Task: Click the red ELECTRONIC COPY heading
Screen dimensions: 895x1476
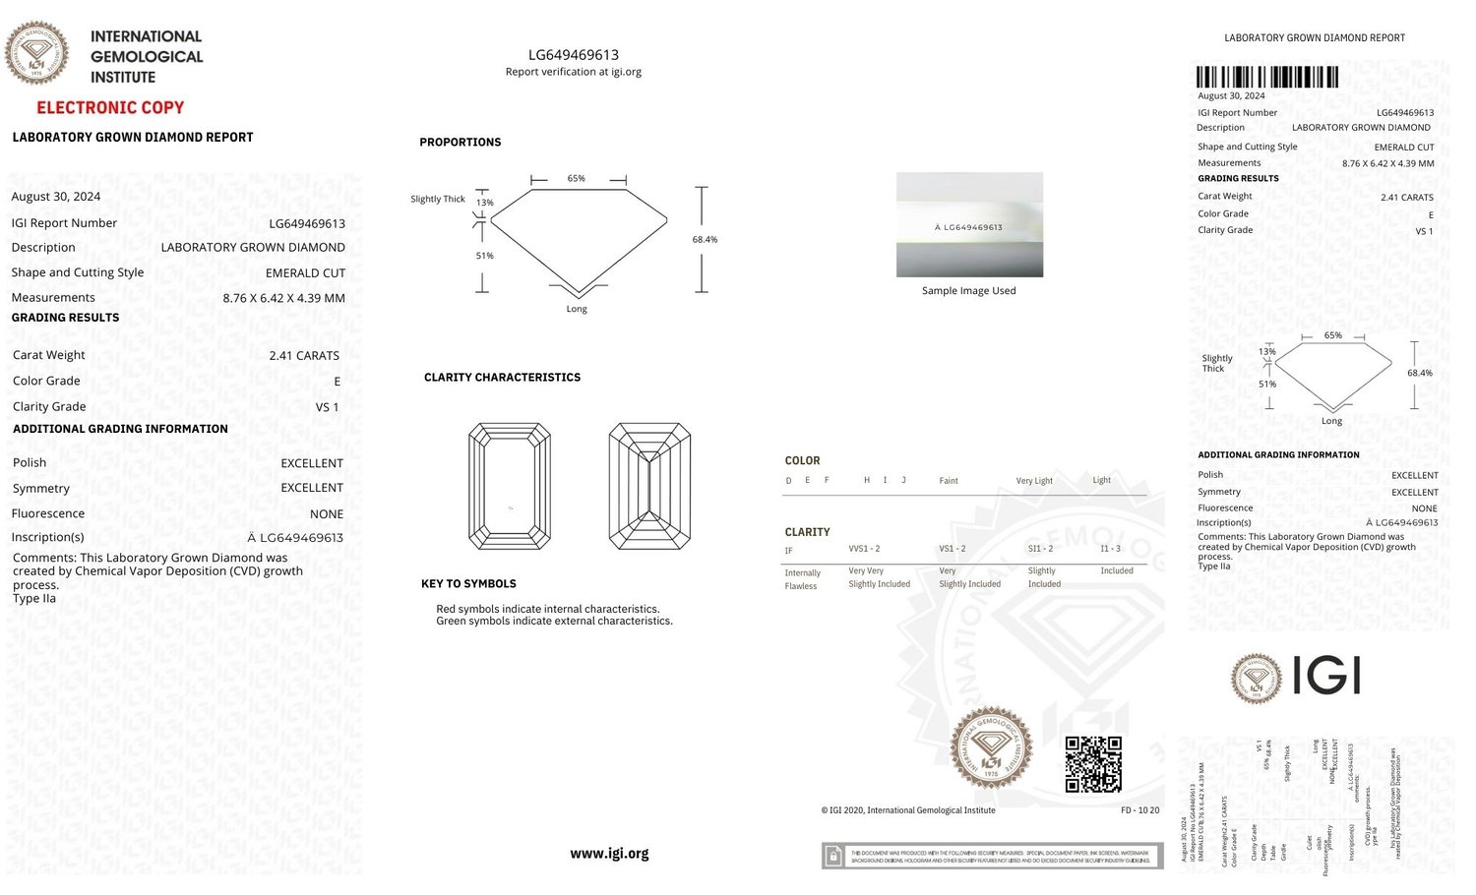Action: tap(110, 107)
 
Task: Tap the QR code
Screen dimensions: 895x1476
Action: tap(1093, 764)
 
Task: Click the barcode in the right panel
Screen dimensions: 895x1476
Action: tap(1266, 78)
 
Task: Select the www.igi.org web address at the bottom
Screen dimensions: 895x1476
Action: tap(609, 854)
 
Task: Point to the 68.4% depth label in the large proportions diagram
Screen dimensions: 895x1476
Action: tap(705, 239)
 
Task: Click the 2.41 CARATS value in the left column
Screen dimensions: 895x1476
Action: tap(304, 355)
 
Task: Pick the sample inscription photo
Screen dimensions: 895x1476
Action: tap(969, 224)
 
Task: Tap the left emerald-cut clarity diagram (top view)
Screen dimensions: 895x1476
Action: tap(510, 486)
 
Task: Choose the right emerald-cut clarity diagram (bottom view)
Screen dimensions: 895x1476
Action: tap(649, 486)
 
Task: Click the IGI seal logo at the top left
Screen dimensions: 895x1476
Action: tap(37, 52)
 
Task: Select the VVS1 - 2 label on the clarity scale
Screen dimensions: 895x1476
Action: tap(864, 549)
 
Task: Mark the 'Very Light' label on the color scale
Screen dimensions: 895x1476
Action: tap(1034, 481)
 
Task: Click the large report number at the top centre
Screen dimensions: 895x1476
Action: tap(574, 55)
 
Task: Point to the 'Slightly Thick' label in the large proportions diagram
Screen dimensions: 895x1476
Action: tap(438, 199)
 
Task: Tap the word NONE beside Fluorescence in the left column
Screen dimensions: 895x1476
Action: tap(327, 513)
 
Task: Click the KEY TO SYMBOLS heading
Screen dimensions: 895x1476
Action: tap(468, 584)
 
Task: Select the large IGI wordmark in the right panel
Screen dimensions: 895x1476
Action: tap(1325, 677)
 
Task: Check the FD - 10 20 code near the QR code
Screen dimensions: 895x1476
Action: tap(1139, 810)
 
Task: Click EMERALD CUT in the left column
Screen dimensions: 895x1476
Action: tap(305, 272)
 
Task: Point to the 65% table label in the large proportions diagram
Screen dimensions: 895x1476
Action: tap(577, 178)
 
